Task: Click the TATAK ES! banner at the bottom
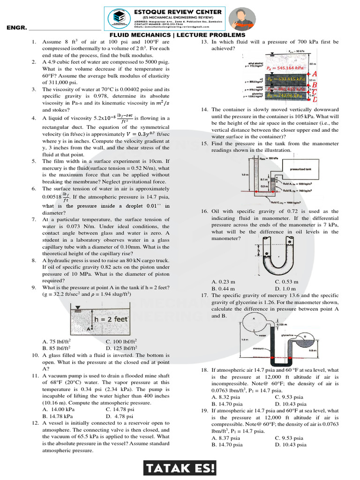pyautogui.click(x=180, y=468)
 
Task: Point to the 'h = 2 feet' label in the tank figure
pyautogui.click(x=112, y=319)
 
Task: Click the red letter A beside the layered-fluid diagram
pyautogui.click(x=315, y=74)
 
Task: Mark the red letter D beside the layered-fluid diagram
pyautogui.click(x=315, y=99)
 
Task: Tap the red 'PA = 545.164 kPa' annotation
pyautogui.click(x=285, y=68)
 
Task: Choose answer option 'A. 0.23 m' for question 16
pyautogui.click(x=224, y=282)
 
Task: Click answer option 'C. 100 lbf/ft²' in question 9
pyautogui.click(x=122, y=342)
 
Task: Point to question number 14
pyautogui.click(x=204, y=109)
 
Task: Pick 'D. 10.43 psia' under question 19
pyautogui.click(x=291, y=444)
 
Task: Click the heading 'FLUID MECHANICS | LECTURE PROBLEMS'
pyautogui.click(x=177, y=35)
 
